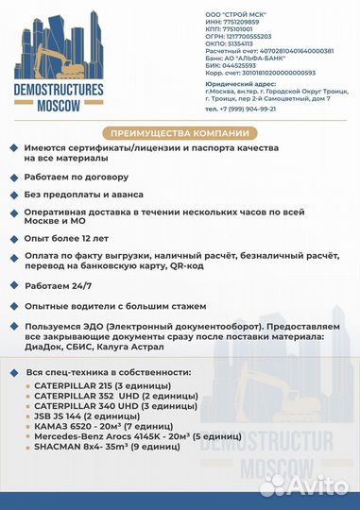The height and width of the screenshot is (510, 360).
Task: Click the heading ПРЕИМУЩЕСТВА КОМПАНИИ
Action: pyautogui.click(x=179, y=132)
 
